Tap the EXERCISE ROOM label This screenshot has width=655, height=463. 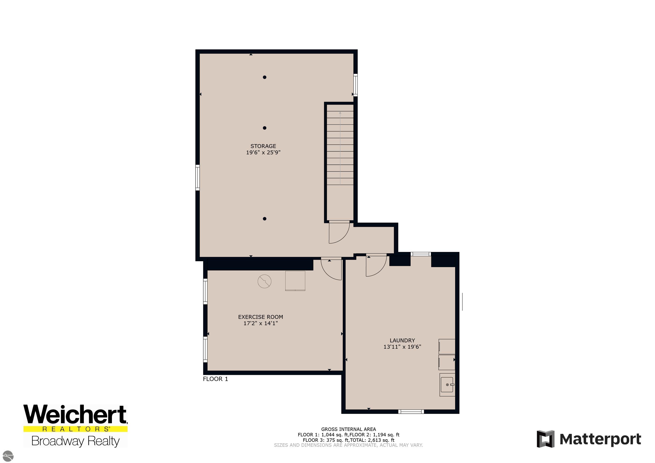click(260, 317)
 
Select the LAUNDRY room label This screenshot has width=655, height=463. click(402, 340)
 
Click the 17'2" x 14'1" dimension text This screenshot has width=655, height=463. click(260, 323)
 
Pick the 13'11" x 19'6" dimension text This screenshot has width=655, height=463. click(402, 347)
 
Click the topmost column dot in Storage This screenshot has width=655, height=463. click(265, 77)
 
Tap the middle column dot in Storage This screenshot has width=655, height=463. click(265, 128)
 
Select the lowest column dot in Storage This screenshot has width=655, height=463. click(265, 219)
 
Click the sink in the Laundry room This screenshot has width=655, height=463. click(447, 385)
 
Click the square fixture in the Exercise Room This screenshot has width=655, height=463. click(295, 281)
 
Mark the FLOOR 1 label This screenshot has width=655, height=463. click(215, 379)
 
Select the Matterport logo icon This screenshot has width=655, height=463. click(545, 439)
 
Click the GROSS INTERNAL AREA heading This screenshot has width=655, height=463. click(349, 429)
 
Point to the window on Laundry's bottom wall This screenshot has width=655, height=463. click(411, 411)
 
